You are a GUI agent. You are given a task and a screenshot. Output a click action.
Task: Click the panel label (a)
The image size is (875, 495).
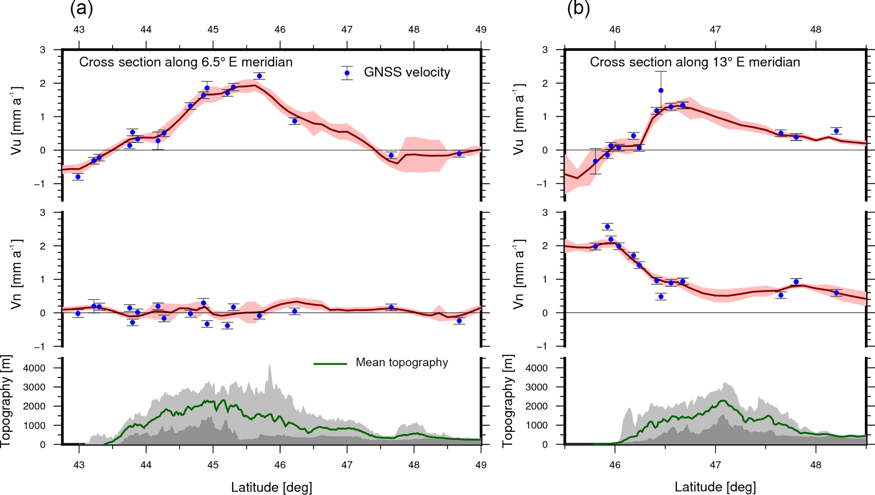(81, 8)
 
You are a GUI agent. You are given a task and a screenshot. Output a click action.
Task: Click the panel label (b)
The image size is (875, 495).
(578, 8)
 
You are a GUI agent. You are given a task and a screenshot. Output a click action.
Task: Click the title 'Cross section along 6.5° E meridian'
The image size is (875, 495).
(186, 62)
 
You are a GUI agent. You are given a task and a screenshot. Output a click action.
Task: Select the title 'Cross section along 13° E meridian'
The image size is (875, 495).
(695, 62)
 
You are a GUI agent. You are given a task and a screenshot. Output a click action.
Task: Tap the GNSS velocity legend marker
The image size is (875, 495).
(347, 73)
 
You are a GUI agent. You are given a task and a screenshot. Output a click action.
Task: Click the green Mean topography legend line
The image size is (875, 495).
(330, 363)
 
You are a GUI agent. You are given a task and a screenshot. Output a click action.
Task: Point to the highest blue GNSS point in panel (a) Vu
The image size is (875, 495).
(259, 76)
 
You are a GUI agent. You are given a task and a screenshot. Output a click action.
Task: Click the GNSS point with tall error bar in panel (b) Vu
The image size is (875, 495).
(661, 91)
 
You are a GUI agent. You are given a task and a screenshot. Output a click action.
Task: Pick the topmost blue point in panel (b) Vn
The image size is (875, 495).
(607, 227)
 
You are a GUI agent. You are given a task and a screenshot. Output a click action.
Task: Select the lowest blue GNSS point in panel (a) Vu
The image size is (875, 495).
(78, 177)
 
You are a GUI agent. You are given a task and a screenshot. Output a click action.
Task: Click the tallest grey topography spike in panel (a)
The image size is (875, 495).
(270, 365)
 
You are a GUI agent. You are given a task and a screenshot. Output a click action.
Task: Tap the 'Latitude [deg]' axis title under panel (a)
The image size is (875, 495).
(271, 487)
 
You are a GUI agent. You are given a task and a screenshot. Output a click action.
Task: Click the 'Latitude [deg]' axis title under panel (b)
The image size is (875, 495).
(715, 487)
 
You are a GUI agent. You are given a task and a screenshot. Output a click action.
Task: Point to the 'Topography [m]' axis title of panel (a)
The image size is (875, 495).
(6, 401)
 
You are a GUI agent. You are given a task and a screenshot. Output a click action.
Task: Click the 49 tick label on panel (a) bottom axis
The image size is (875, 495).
(480, 465)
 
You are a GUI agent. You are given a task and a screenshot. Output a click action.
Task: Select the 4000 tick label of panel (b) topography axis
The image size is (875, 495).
(536, 368)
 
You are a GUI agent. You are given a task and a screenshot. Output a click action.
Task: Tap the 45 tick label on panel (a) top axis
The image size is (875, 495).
(213, 30)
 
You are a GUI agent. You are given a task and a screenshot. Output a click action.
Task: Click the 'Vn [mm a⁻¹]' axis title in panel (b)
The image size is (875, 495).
(519, 274)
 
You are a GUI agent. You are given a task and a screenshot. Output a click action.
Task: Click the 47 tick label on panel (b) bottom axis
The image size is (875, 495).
(715, 465)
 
